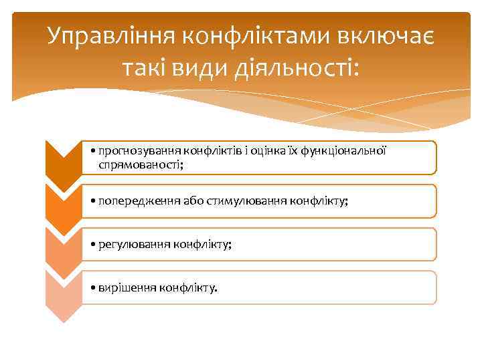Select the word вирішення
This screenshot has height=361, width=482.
click(x=127, y=288)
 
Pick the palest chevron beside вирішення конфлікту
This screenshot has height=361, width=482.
click(x=63, y=293)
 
